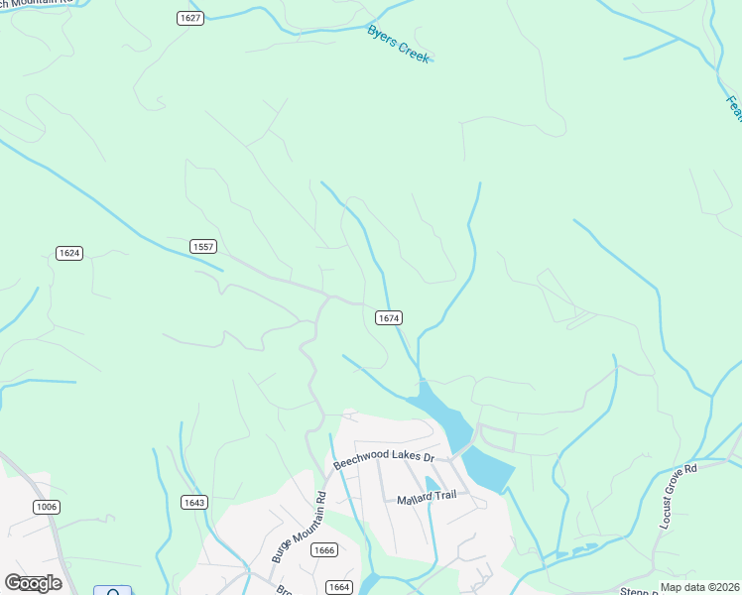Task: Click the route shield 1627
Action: coord(191,18)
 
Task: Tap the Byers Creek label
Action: coord(399,45)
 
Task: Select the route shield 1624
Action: coord(68,253)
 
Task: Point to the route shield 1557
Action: coord(203,245)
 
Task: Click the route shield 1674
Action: coord(389,317)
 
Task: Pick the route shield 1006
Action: coord(46,507)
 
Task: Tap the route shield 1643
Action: coord(194,503)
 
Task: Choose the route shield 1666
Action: coord(322,550)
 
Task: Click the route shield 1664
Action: coord(339,586)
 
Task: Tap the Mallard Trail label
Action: coord(426,495)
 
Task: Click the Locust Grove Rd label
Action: coord(680,494)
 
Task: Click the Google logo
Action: coord(33,583)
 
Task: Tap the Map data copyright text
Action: coord(700,587)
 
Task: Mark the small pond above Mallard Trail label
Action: coord(432,483)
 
